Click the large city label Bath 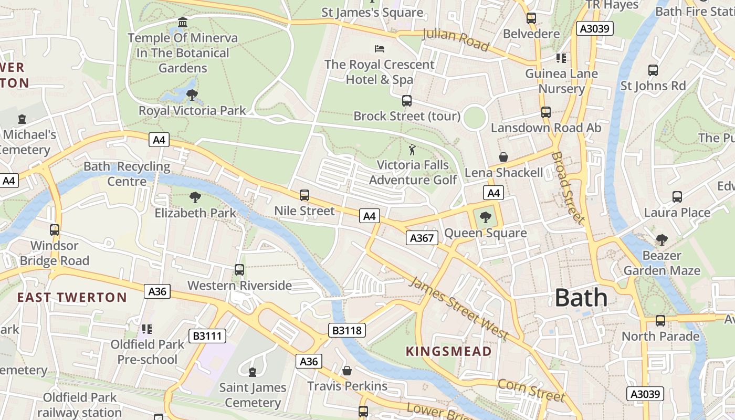tap(581, 298)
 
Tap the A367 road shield tap(422, 238)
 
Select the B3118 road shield tap(346, 330)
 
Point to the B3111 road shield tap(207, 336)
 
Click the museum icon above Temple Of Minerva tap(183, 23)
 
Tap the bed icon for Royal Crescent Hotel tap(380, 49)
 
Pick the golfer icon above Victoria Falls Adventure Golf tap(413, 150)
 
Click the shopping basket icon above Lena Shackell tap(503, 157)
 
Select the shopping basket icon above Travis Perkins tap(346, 371)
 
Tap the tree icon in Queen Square tap(486, 217)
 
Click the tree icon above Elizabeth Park tap(195, 197)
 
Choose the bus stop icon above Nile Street tap(304, 195)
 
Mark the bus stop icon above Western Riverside tap(239, 270)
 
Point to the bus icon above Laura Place tap(677, 197)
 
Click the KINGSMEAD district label tap(448, 351)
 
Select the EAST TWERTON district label tap(72, 298)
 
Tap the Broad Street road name tap(568, 187)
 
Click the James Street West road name tap(459, 308)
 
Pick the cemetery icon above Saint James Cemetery tap(253, 372)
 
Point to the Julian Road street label tap(456, 40)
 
